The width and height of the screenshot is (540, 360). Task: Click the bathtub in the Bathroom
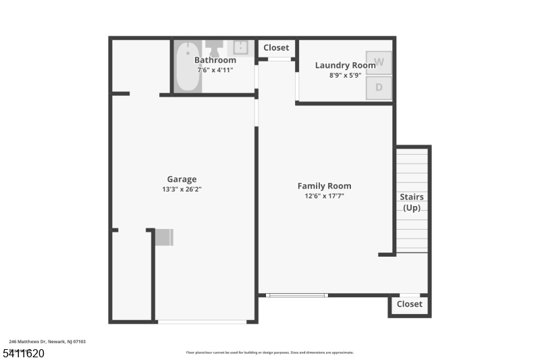point(187,68)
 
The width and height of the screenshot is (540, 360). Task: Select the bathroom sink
point(241,47)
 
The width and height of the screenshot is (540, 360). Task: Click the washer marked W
point(379,63)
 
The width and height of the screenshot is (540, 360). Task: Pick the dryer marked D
point(379,87)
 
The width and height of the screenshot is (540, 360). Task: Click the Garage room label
point(182,179)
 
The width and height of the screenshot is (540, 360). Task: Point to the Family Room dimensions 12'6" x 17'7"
point(324,196)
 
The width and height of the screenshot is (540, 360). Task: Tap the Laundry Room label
point(345,66)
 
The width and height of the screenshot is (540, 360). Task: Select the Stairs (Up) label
point(412,202)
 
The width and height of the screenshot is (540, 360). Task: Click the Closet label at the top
point(276,47)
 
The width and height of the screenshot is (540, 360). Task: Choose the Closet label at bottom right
point(409,304)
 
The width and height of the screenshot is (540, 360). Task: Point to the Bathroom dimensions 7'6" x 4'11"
point(215,70)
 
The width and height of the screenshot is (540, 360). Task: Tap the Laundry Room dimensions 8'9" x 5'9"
point(345,76)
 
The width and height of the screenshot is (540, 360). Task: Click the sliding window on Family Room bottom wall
point(296,295)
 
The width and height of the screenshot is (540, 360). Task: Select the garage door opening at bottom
point(202,322)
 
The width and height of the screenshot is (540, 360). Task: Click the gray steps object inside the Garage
point(164,237)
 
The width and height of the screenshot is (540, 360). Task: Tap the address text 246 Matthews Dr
point(47,342)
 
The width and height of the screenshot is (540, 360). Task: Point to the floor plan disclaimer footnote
point(269,352)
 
